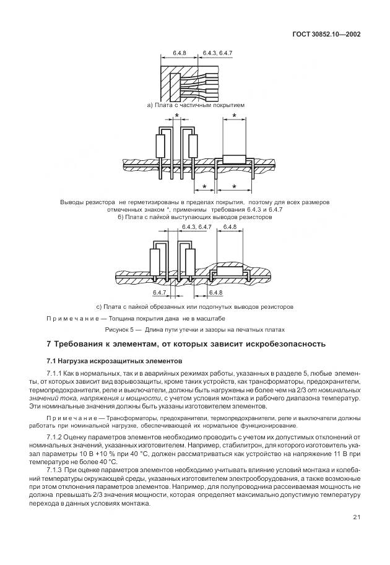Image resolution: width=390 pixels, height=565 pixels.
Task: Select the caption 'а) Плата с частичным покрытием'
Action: click(196, 105)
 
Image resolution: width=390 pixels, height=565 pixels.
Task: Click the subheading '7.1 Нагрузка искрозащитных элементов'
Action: click(105, 361)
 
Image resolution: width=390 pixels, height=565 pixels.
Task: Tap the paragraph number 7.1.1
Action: click(55, 374)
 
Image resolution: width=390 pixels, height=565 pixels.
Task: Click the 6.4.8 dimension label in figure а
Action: click(180, 54)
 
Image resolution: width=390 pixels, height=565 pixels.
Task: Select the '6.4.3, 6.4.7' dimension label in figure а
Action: click(217, 54)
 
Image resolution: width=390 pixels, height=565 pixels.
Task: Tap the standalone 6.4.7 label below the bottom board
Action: click(159, 291)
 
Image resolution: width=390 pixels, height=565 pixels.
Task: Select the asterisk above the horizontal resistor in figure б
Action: click(233, 116)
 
